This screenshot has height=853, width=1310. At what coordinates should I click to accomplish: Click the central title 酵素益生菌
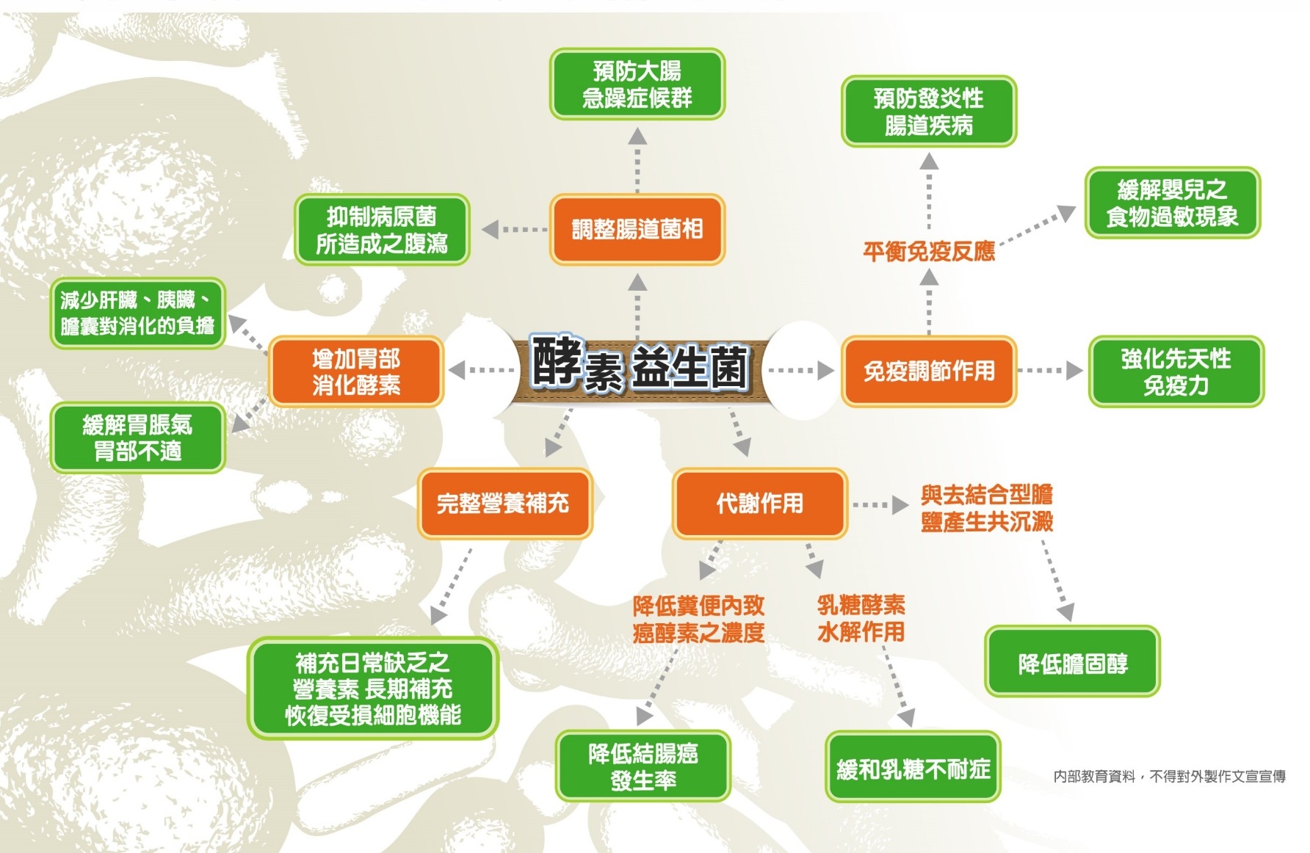(x=639, y=366)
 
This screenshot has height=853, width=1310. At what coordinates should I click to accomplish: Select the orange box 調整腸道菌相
(x=637, y=229)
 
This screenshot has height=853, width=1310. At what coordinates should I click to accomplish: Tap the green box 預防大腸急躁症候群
(x=637, y=84)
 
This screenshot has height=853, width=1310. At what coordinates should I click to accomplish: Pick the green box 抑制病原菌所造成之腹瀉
(x=382, y=229)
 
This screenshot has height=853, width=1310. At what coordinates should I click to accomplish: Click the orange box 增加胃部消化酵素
(x=356, y=371)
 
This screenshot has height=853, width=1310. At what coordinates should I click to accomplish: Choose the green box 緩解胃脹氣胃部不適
(x=137, y=438)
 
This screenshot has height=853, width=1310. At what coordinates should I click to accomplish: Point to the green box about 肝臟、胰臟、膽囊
(x=137, y=313)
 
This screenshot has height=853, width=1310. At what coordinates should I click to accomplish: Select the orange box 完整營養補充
(x=504, y=504)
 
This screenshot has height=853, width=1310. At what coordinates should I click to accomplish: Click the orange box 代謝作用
(x=759, y=504)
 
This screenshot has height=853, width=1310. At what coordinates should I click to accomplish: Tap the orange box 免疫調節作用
(x=928, y=371)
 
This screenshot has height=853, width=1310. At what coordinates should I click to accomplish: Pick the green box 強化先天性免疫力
(x=1176, y=371)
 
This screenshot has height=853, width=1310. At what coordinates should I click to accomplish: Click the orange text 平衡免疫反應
(x=928, y=252)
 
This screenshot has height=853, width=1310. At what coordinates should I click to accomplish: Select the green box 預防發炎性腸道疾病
(x=928, y=112)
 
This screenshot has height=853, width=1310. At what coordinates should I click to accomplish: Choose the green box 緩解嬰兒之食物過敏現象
(x=1172, y=203)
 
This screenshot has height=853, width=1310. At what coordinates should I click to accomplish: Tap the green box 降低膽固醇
(x=1072, y=664)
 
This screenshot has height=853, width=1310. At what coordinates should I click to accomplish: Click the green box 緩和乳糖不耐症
(x=913, y=768)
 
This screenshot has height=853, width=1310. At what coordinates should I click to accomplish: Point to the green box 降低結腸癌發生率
(x=643, y=766)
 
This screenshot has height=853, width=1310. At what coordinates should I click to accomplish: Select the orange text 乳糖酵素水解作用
(x=861, y=618)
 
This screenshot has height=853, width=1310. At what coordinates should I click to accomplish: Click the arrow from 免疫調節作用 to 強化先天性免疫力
(x=1050, y=370)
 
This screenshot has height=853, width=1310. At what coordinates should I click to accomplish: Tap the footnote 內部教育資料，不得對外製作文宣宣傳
(x=1169, y=776)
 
